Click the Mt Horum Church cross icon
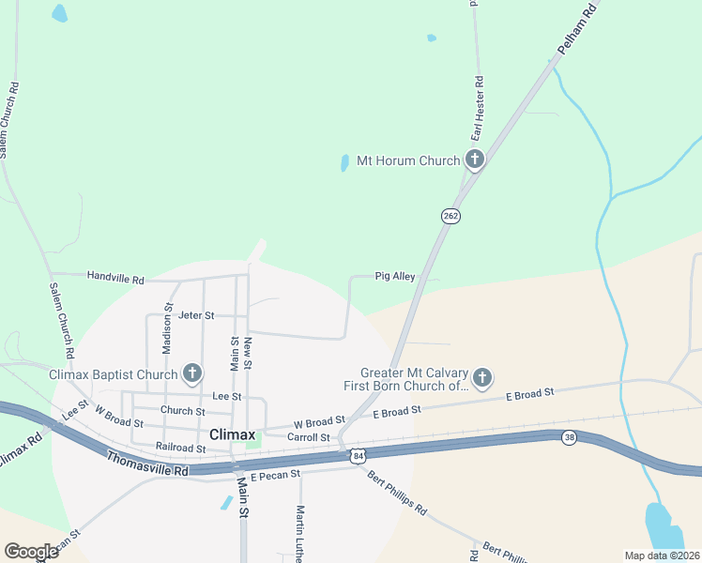475,160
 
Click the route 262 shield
450,216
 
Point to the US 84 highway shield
358,456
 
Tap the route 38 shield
570,437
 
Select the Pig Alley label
395,277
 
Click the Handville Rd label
115,279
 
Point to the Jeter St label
196,315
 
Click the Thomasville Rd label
147,464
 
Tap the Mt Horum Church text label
408,160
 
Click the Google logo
31,551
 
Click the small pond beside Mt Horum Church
344,163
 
